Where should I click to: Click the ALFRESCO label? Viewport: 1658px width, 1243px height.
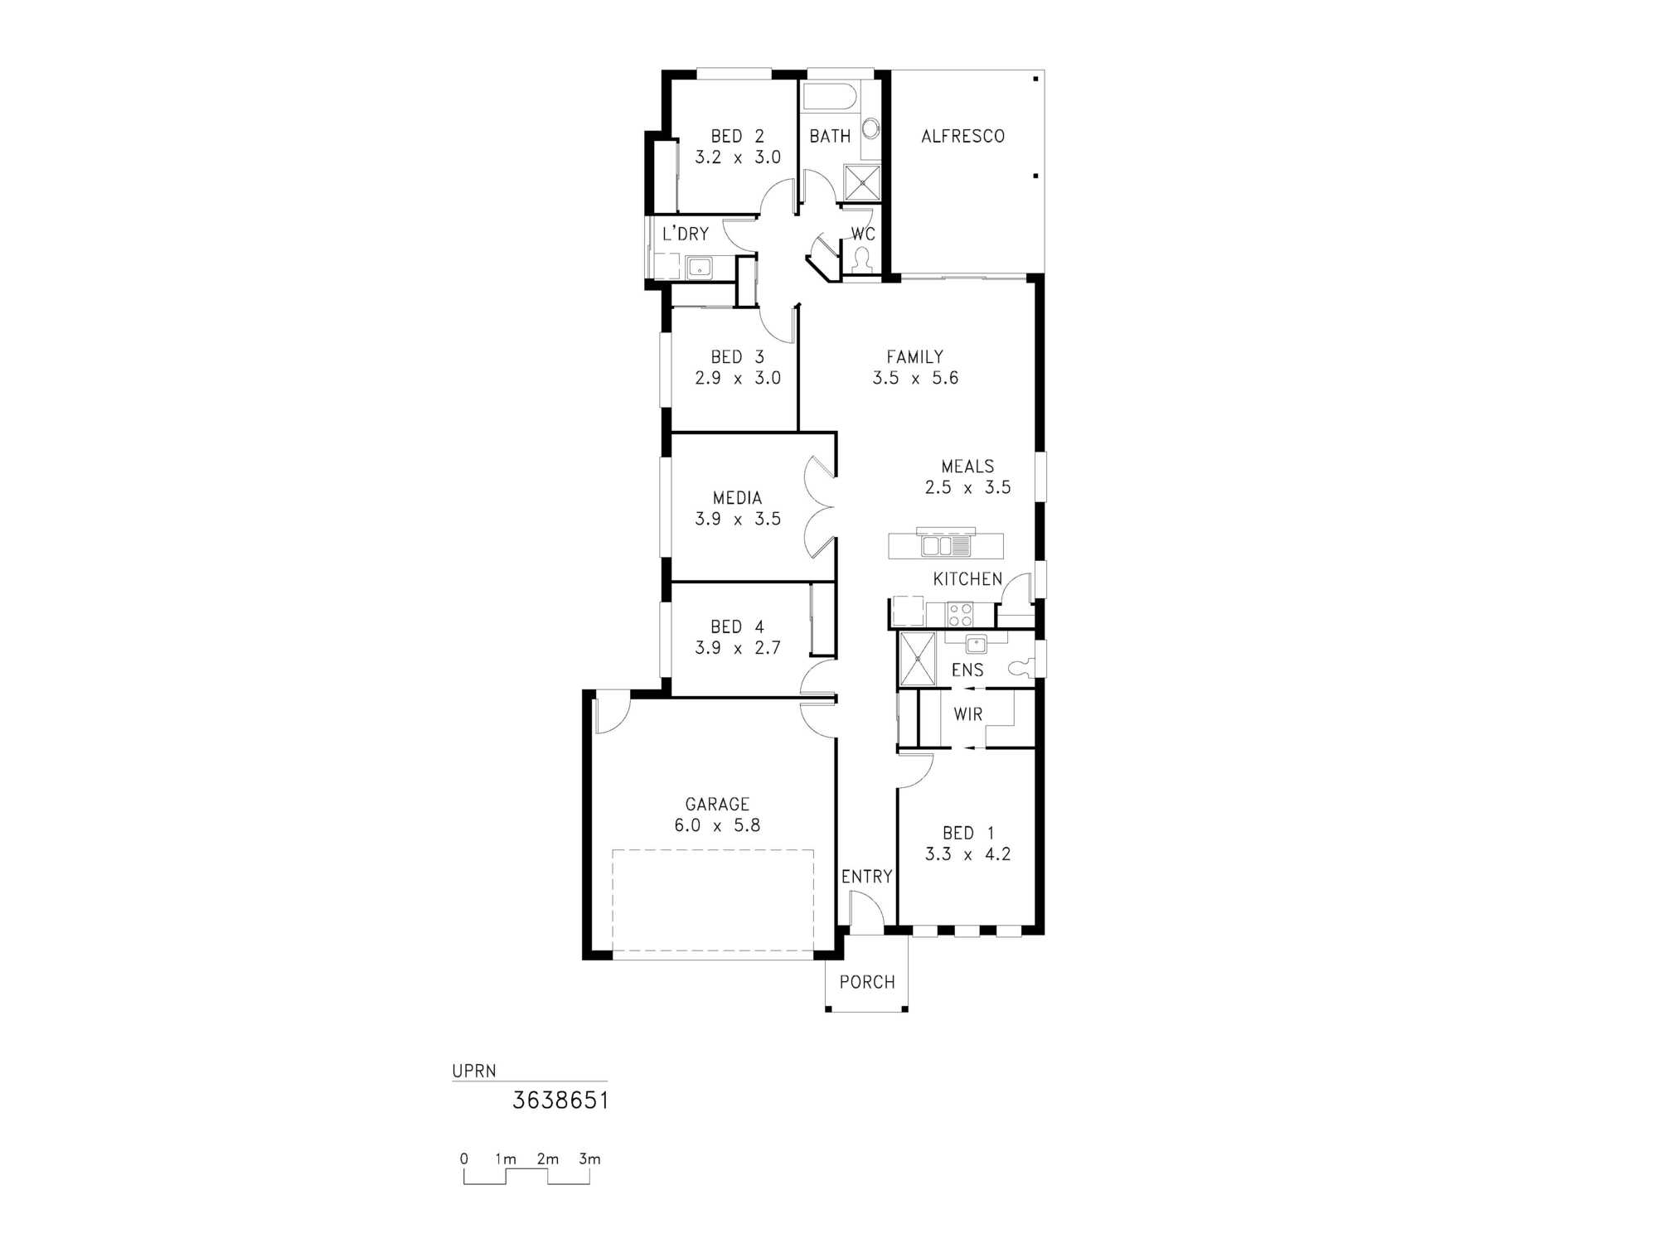962,136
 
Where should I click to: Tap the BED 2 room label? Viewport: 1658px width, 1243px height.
737,136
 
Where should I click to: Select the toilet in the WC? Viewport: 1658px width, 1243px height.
862,260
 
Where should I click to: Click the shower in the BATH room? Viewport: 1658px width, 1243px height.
862,182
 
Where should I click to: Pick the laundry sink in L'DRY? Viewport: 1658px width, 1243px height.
700,268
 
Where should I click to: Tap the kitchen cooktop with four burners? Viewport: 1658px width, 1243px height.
960,615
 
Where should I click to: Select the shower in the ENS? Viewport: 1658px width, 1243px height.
918,659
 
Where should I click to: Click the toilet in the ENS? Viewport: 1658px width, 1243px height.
1022,667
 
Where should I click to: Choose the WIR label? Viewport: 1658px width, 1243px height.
967,714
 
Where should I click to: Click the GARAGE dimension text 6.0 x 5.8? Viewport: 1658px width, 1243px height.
717,825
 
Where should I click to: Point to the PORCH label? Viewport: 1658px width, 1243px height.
867,982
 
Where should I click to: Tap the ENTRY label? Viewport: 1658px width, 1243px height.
866,877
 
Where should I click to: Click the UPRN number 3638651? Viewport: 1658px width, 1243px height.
560,1100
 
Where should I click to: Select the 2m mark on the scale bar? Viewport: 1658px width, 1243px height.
547,1158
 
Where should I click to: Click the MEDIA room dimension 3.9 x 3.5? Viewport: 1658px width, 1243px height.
738,519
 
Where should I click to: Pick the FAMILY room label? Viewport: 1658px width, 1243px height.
914,357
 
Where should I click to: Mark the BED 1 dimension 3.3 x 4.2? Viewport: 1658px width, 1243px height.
967,854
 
